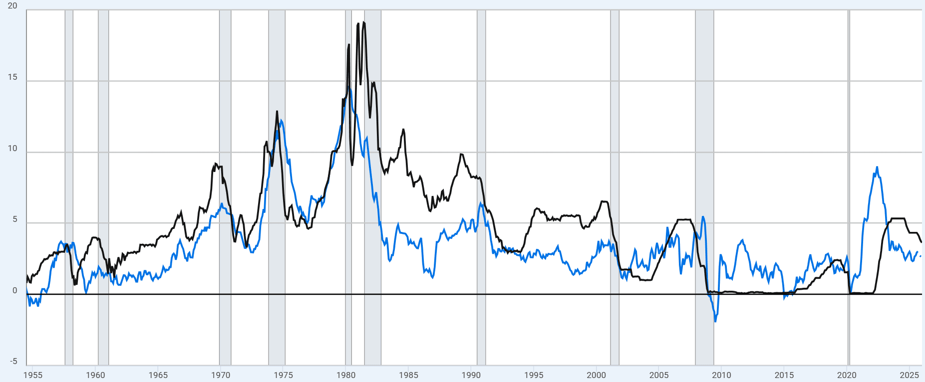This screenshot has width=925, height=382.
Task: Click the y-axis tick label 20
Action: coord(12,6)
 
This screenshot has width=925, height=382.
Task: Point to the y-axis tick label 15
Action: coord(12,77)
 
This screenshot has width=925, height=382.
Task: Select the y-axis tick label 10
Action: coord(12,149)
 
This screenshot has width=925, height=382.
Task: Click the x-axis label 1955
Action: coord(33,375)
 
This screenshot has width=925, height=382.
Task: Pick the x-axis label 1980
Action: coord(346,375)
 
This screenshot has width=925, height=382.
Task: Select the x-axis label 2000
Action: coord(596,375)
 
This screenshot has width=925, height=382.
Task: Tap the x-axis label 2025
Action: coord(909,375)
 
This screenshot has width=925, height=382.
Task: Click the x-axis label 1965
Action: coord(158,375)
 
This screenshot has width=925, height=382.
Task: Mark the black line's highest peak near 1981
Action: coord(363,22)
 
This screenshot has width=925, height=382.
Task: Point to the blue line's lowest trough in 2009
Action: coord(715,321)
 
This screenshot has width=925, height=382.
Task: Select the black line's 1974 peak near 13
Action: coord(277,112)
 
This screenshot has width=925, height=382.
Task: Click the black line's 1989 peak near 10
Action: coord(461,154)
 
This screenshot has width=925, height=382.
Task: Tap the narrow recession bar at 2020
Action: coord(849,190)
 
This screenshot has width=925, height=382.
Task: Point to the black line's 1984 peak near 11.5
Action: coord(403,130)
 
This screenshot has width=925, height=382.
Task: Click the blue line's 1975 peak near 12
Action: coord(282,120)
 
